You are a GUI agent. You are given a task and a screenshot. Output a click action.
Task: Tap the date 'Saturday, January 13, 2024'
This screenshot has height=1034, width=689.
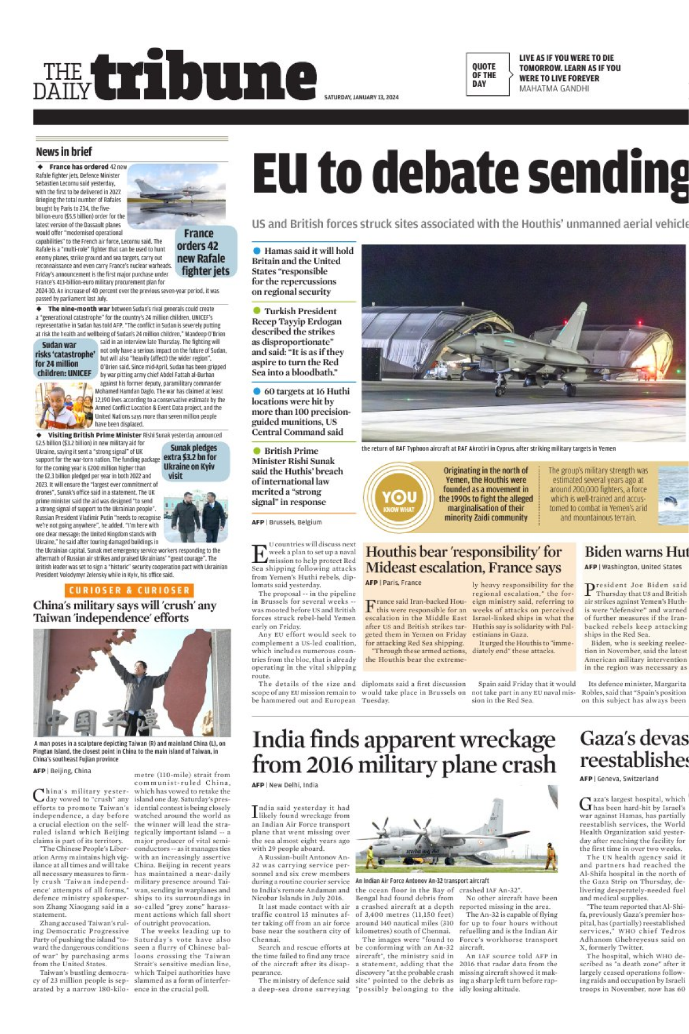pos(361,98)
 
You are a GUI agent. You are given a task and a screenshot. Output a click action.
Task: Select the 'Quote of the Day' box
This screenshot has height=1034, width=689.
pos(487,75)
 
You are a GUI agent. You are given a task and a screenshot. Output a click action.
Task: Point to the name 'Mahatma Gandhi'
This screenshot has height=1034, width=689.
pos(553,88)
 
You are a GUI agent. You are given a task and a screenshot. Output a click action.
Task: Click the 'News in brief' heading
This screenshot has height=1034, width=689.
pos(64,152)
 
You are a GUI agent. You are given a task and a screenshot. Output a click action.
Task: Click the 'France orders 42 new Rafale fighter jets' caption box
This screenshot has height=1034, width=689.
pos(205,252)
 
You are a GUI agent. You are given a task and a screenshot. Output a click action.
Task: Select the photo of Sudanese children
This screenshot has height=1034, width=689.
pos(63,406)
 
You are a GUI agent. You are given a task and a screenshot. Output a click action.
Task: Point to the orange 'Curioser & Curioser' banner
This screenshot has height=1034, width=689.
pos(129,590)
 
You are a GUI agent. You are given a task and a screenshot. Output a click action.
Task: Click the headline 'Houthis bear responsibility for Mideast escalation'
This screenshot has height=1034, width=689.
pos(463,560)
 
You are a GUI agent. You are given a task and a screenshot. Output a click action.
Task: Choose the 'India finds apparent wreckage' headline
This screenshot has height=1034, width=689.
pos(403,752)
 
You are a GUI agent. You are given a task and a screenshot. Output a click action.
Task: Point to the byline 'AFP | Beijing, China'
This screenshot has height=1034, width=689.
pos(62,771)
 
